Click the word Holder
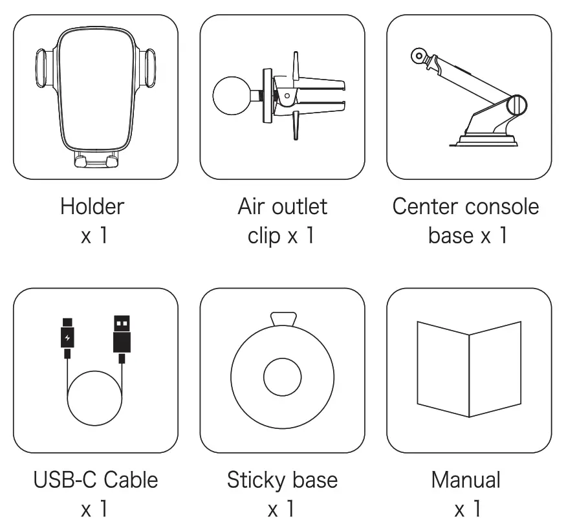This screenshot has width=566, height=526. pos(92,207)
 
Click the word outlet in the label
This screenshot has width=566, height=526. pos(300,207)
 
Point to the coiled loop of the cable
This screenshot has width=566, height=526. pos(94,399)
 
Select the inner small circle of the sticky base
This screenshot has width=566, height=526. pos(282,376)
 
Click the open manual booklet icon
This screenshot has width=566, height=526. pos(469,369)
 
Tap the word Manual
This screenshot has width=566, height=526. pos(466,480)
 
